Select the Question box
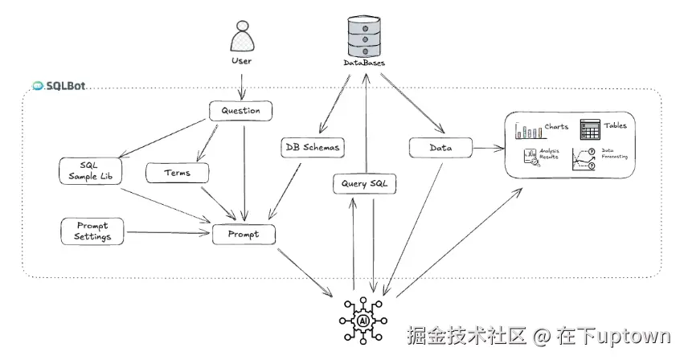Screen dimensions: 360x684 pos(240,110)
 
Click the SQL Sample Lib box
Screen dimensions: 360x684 pos(90,170)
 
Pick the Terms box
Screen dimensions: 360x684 pos(177,172)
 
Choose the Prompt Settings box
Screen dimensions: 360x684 pos(93,231)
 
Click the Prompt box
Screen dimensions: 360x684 pos(244,234)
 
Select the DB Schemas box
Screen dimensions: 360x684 pos(313,147)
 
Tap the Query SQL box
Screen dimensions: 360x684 pos(365,185)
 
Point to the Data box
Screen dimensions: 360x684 pos(440,148)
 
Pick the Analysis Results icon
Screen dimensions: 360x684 pos(531,157)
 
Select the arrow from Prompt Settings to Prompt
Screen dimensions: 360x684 pos(169,233)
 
